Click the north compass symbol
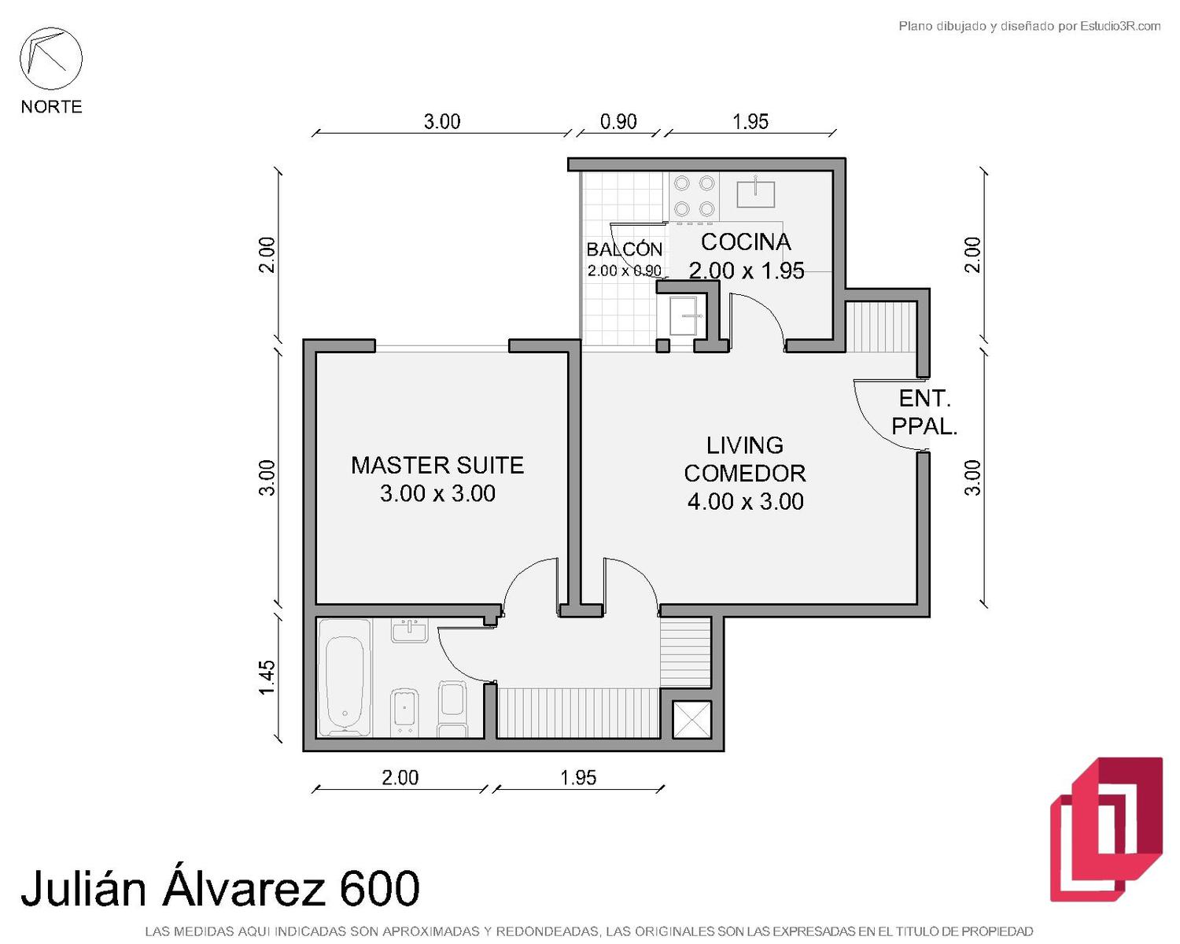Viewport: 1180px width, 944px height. (x=51, y=58)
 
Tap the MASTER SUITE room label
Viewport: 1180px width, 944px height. (x=437, y=465)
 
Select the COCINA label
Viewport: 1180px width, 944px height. (x=746, y=242)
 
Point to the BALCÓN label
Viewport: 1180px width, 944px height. (x=625, y=249)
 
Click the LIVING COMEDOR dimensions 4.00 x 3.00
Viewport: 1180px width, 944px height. (x=745, y=501)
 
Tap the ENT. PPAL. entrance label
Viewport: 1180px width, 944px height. (x=924, y=412)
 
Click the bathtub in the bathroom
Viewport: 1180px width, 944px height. (x=345, y=678)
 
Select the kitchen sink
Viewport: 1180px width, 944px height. (x=756, y=193)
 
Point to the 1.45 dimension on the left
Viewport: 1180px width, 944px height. (x=267, y=677)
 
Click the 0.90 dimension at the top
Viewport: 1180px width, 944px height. (x=618, y=121)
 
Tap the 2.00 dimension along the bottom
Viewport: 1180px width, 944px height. (x=400, y=777)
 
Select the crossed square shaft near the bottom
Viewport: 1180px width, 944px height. (x=692, y=719)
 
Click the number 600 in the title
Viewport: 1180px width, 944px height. (x=379, y=889)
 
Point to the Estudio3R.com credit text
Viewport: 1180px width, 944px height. (x=1119, y=26)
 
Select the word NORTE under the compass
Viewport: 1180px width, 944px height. (x=52, y=106)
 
